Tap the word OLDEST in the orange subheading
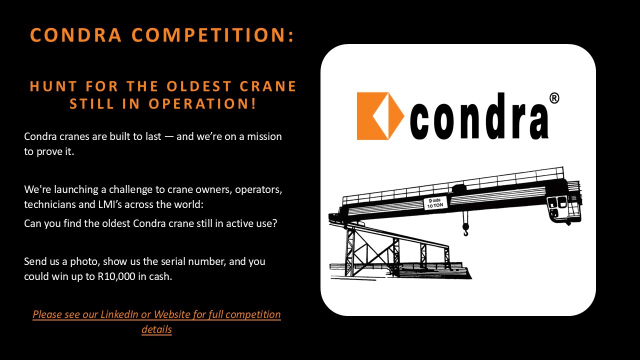point(199,86)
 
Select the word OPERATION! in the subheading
point(202,103)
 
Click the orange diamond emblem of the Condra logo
point(380,116)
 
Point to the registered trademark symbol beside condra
point(554,98)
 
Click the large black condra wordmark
point(479,116)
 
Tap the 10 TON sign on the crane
point(435,203)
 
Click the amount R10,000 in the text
point(116,276)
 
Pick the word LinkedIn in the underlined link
point(119,314)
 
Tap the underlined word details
point(156,329)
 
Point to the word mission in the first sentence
point(264,136)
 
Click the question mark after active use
point(274,223)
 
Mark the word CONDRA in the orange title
point(75,35)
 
